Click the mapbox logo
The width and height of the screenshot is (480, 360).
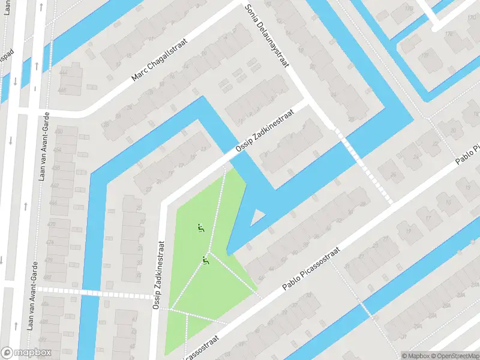tap(26, 353)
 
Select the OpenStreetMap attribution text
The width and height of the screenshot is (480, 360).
tap(454, 356)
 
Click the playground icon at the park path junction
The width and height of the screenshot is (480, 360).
tap(205, 260)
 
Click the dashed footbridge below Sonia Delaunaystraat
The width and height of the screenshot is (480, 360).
tap(366, 170)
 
